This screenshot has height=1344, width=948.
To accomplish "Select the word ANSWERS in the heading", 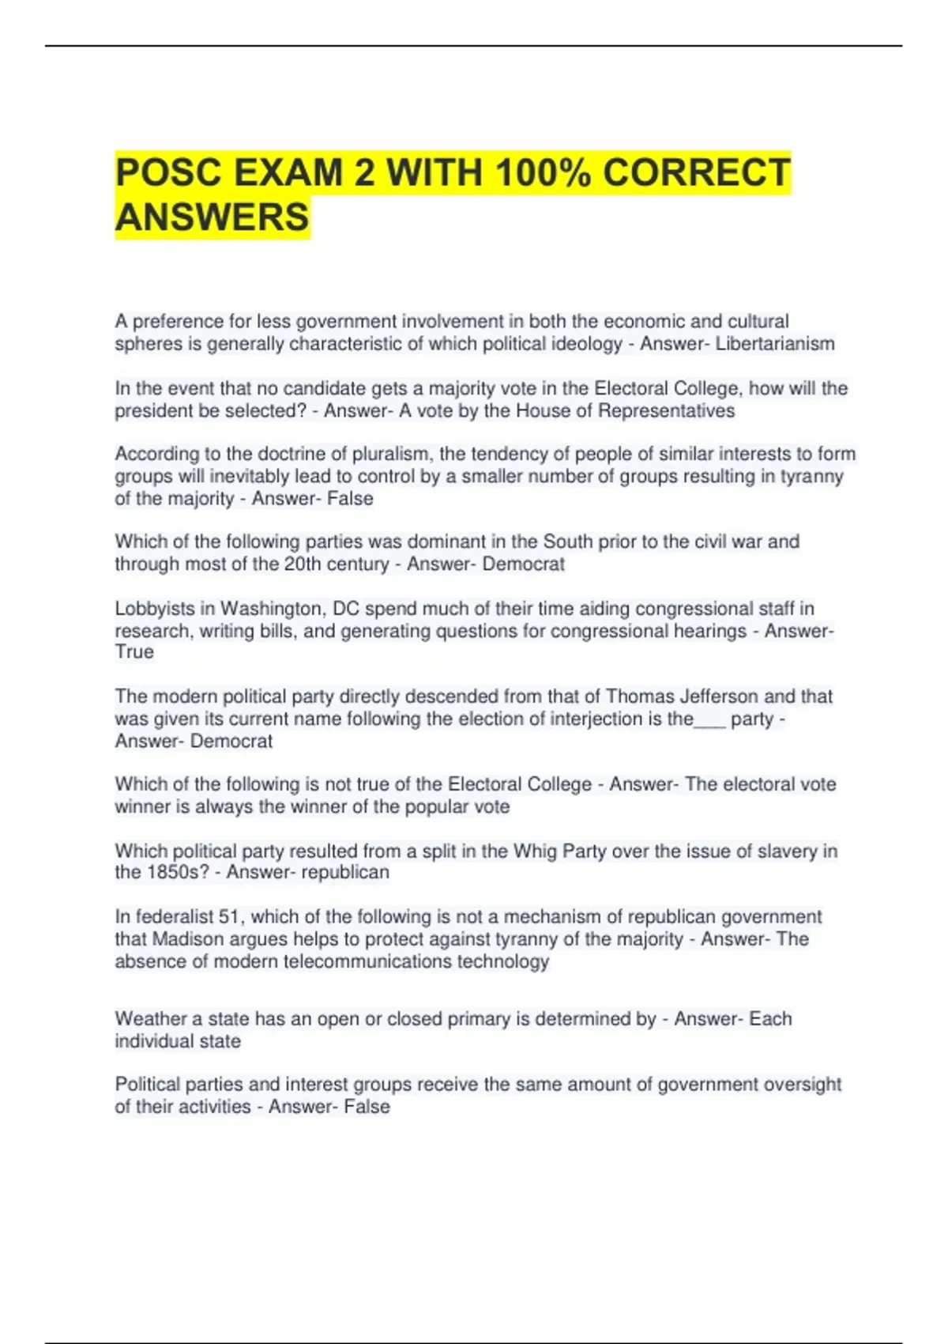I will pos(212,217).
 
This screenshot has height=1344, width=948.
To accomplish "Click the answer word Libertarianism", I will pos(774,344).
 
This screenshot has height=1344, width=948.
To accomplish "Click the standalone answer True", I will pos(134,652).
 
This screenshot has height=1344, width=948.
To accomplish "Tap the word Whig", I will pos(535,851).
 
